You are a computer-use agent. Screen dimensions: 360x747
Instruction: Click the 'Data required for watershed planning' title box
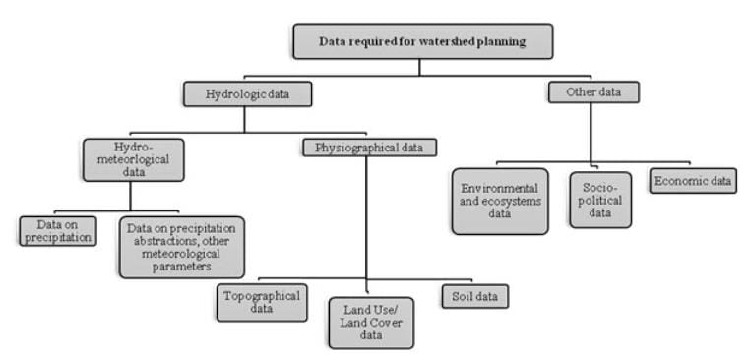tap(422, 41)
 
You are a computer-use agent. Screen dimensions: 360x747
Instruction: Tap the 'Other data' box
tap(592, 92)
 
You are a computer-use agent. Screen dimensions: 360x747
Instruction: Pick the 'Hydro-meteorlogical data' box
tap(135, 160)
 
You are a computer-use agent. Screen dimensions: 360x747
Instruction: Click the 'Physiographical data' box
tap(367, 149)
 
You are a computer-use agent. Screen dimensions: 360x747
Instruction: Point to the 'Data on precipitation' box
tap(58, 230)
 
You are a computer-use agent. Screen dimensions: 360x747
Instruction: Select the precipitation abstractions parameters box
tap(181, 246)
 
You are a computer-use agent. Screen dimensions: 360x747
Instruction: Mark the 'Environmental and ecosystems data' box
tap(500, 200)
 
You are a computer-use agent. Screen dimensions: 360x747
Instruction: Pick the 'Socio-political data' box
tap(599, 200)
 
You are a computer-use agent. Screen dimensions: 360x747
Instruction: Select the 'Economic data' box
tap(692, 181)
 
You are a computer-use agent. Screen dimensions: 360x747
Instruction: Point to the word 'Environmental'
tap(500, 186)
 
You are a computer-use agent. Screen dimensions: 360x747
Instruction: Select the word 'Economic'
tap(679, 181)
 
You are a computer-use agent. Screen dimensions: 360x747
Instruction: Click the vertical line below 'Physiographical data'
tap(367, 216)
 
